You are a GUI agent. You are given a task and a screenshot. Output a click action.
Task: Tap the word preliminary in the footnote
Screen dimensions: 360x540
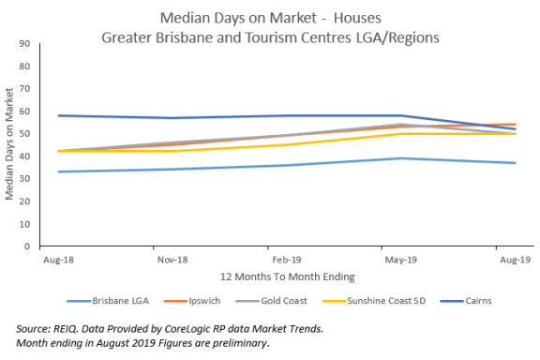pos(239,342)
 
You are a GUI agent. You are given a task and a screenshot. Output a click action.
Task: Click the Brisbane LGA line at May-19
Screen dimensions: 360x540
pos(400,157)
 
